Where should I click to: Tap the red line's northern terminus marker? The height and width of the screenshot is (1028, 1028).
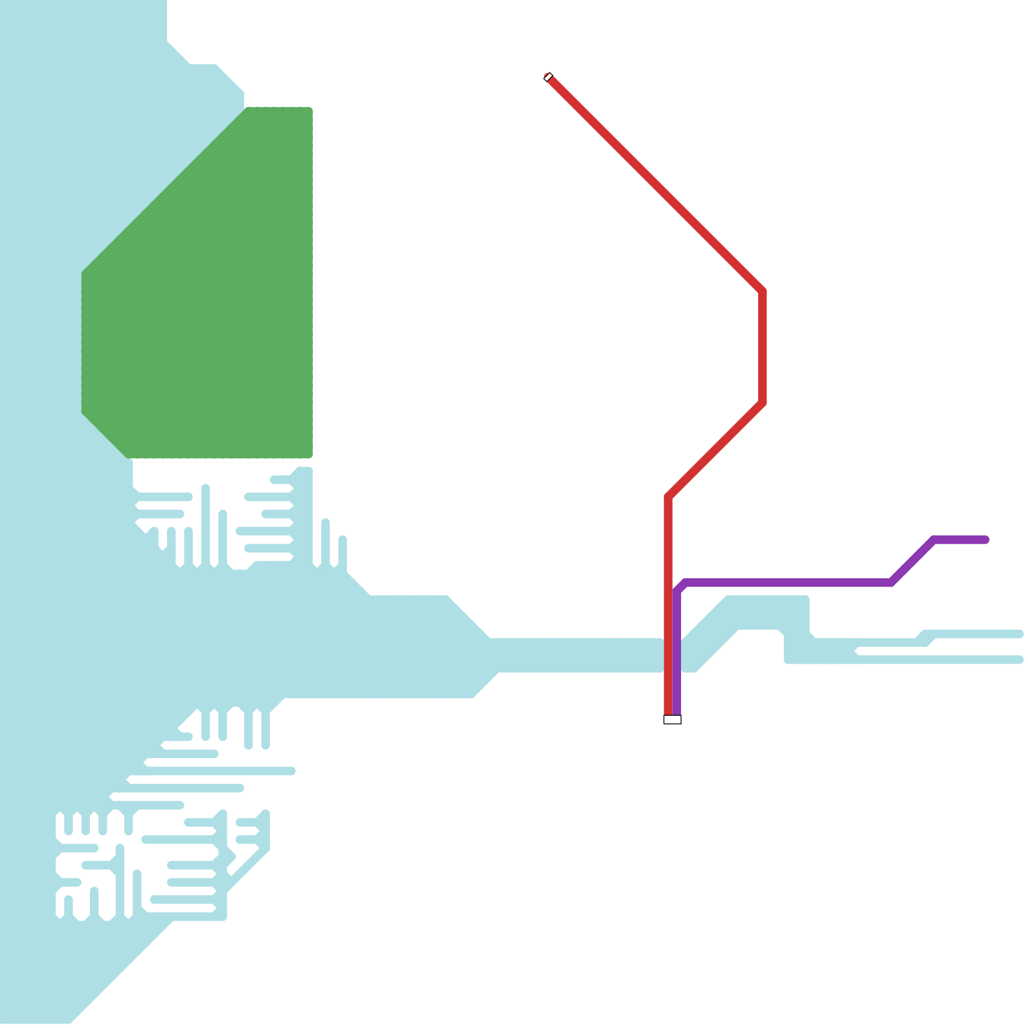[548, 77]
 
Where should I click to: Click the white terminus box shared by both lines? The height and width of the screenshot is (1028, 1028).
[672, 720]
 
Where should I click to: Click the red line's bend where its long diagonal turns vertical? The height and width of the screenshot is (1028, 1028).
[763, 292]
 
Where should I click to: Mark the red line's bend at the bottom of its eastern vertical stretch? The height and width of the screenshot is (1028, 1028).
[763, 402]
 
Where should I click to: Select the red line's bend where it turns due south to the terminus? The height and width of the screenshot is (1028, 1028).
[669, 497]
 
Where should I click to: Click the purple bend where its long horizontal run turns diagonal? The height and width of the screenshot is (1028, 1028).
[891, 583]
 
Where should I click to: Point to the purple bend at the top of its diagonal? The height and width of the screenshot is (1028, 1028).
[934, 540]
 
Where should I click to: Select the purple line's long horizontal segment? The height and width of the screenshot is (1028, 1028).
[784, 583]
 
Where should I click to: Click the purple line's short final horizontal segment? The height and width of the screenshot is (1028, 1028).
[961, 540]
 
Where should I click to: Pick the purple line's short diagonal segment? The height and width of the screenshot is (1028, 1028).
[912, 561]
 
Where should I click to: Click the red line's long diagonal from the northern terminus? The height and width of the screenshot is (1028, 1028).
[655, 185]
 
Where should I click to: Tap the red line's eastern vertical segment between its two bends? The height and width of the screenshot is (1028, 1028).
[763, 347]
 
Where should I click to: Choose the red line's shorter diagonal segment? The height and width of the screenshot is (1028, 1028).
[716, 450]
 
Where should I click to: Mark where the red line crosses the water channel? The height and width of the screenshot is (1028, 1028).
[669, 655]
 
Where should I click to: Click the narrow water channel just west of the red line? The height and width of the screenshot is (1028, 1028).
[578, 655]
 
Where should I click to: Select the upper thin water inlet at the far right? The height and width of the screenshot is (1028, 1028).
[977, 634]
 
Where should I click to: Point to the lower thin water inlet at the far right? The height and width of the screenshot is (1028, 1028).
[977, 660]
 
